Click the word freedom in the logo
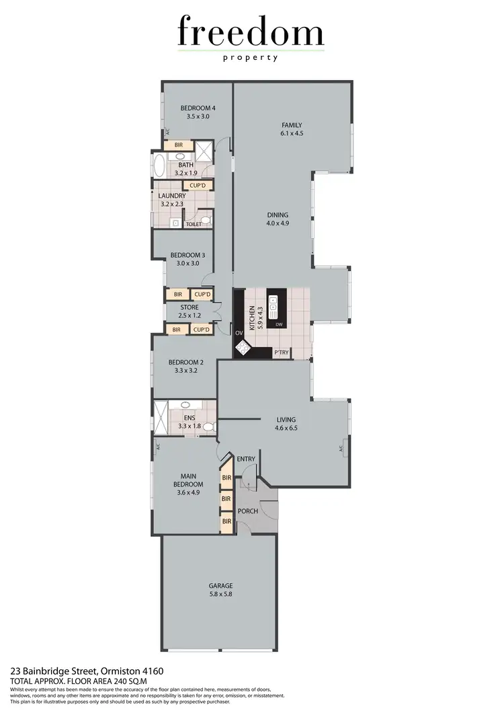251,32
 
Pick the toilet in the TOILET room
206,221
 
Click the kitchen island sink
274,309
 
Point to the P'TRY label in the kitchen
281,352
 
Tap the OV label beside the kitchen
239,332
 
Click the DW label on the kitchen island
279,324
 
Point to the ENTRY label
246,459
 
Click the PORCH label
248,511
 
